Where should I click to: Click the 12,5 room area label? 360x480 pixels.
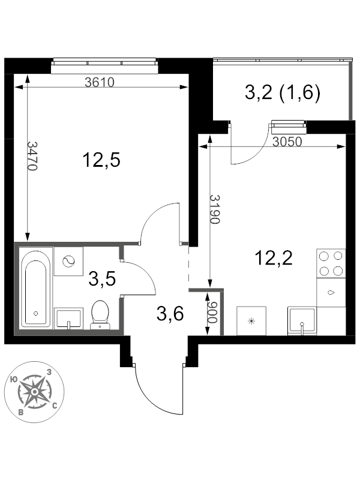coord(101,160)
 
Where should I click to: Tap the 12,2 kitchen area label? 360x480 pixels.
coord(274,258)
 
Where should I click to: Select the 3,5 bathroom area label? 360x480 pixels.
coord(102,279)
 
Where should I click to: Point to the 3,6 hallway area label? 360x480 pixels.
coord(170,314)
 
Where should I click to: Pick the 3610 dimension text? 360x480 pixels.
coord(100,82)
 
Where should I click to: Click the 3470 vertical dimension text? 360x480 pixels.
coord(32,156)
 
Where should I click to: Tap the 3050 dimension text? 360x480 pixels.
coord(287,142)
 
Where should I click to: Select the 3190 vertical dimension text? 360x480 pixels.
coord(215,209)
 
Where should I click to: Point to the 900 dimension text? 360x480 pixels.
coord(212,312)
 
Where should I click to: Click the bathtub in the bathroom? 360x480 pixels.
coord(35,288)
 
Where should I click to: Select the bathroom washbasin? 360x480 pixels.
coord(68,319)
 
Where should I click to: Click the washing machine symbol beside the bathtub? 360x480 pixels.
coord(68,262)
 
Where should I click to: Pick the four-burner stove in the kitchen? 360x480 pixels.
coord(331,263)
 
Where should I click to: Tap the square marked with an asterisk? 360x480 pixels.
coord(251,321)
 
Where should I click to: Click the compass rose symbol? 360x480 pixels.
coord(35,392)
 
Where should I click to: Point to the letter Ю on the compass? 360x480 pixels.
coord(13,380)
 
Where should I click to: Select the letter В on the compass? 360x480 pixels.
coord(21,412)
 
